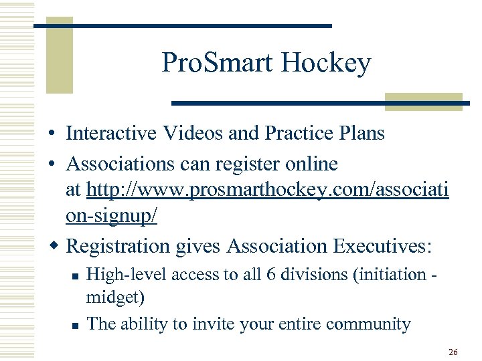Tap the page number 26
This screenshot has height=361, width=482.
pyautogui.click(x=453, y=351)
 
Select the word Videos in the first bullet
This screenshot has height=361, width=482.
pyautogui.click(x=192, y=133)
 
